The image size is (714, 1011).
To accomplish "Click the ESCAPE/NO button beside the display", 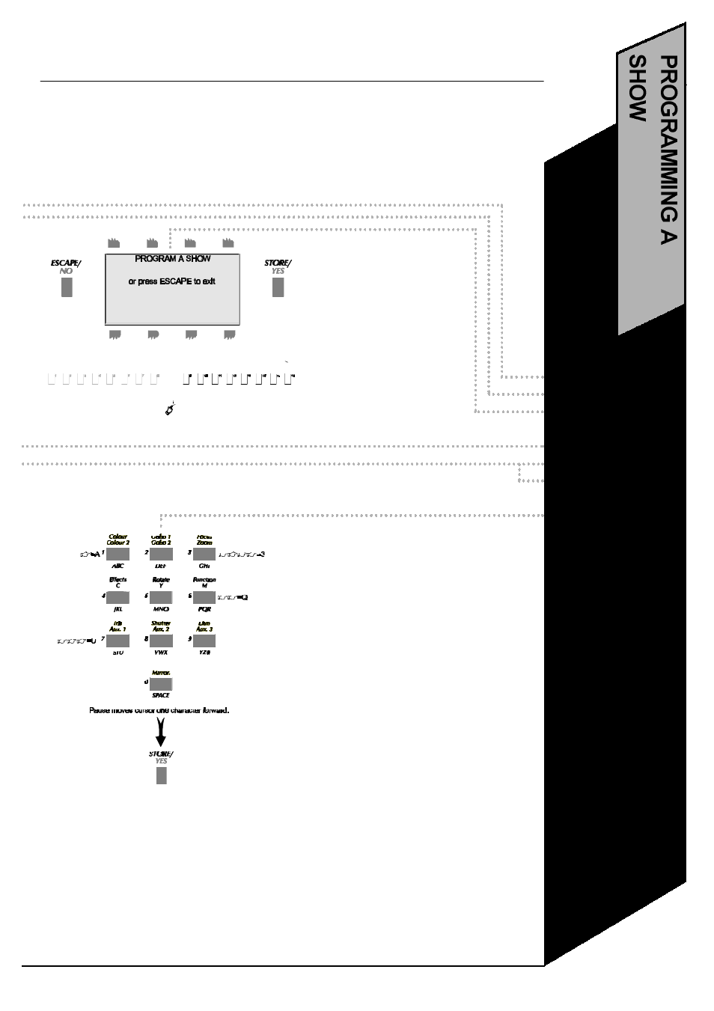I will pyautogui.click(x=67, y=287).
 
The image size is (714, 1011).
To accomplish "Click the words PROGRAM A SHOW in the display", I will pyautogui.click(x=172, y=259).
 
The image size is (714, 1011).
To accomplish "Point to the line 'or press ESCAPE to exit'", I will pyautogui.click(x=172, y=282).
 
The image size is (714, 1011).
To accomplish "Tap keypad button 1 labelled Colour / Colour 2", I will pyautogui.click(x=118, y=554).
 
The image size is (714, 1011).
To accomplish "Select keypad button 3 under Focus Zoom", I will pyautogui.click(x=204, y=554).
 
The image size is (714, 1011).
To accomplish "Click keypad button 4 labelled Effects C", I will pyautogui.click(x=118, y=597).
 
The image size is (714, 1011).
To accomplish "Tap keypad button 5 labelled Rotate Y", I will pyautogui.click(x=161, y=597).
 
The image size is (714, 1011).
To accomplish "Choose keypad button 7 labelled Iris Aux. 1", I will pyautogui.click(x=118, y=641).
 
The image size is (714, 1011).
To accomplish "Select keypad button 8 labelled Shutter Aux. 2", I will pyautogui.click(x=161, y=641).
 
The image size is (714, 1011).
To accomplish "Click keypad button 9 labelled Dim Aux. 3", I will pyautogui.click(x=204, y=641).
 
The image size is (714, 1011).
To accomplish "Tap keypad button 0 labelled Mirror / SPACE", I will pyautogui.click(x=161, y=683).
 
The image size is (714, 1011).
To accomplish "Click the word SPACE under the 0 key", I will pyautogui.click(x=161, y=696).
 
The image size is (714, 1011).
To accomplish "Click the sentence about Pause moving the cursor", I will pyautogui.click(x=159, y=710).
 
